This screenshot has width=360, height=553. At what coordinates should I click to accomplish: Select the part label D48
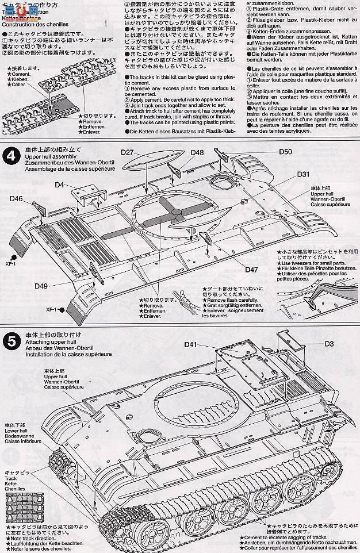(x=197, y=153)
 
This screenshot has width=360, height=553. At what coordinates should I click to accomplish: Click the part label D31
(x=304, y=174)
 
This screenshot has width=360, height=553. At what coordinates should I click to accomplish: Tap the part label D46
(x=16, y=199)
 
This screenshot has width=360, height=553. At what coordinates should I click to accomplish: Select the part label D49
(x=40, y=286)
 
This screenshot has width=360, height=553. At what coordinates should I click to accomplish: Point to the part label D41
(x=192, y=345)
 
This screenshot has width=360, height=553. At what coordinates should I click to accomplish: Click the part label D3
(x=329, y=344)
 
